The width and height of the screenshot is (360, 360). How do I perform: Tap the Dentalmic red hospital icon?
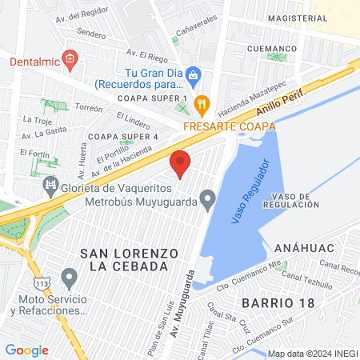pyautogui.click(x=70, y=58)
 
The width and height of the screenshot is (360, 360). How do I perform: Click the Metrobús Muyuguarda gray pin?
pyautogui.click(x=208, y=197)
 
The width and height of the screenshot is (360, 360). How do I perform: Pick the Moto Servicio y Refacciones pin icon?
pyautogui.click(x=69, y=279)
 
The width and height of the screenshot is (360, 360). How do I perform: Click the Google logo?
pyautogui.click(x=26, y=350)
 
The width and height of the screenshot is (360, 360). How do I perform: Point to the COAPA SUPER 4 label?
pyautogui.click(x=123, y=137)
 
